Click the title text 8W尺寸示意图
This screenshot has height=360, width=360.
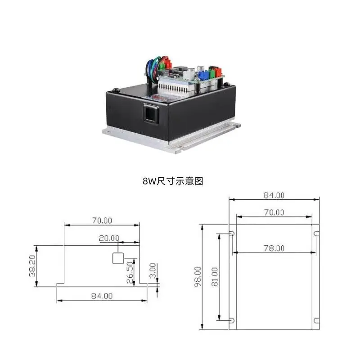pyautogui.click(x=173, y=181)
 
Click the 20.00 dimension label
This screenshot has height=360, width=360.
pyautogui.click(x=109, y=238)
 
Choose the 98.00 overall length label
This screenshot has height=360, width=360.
pyautogui.click(x=197, y=277)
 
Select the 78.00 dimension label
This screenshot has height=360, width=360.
pyautogui.click(x=274, y=248)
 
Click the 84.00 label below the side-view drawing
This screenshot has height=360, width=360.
pyautogui.click(x=102, y=296)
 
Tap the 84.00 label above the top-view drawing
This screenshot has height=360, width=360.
pyautogui.click(x=274, y=195)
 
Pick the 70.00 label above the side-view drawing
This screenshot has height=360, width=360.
pyautogui.click(x=102, y=220)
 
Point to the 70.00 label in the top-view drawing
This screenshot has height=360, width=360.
pyautogui.click(x=274, y=212)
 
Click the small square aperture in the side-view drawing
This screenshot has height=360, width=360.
pyautogui.click(x=117, y=258)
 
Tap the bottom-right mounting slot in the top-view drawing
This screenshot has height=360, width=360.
pyautogui.click(x=316, y=320)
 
